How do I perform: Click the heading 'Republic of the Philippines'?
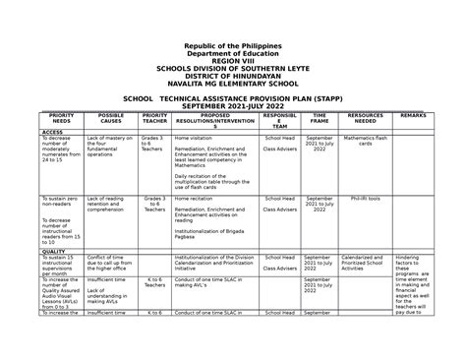233,45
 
